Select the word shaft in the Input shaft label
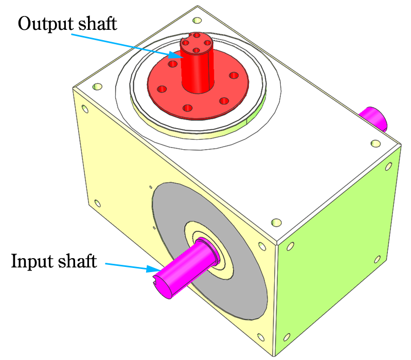tap(78, 261)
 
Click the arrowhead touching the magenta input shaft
tap(155, 268)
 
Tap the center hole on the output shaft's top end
tap(196, 50)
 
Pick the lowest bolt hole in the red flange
tap(188, 108)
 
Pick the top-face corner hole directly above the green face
tap(277, 223)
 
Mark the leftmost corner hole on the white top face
tap(96, 87)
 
